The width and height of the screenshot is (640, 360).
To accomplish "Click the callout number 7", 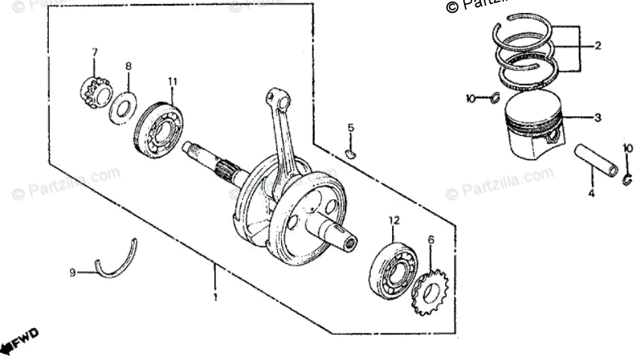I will point(94,52).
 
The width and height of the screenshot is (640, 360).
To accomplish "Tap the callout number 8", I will point(128,66).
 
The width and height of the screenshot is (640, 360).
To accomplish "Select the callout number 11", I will point(173,82).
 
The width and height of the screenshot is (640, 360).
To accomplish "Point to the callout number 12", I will point(393,220).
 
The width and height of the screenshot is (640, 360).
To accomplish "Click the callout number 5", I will point(351,128).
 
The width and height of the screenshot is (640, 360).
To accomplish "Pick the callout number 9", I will point(71,273).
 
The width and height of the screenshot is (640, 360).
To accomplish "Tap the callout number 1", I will point(215,298).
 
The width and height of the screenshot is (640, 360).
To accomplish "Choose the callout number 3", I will point(597,118).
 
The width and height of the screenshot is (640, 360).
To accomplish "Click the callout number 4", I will point(590,193).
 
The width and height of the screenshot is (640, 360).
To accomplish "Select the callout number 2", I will point(598,46).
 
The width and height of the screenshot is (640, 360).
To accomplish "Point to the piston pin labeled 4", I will point(597,158).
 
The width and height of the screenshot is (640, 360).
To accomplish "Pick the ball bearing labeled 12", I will point(394,269).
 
